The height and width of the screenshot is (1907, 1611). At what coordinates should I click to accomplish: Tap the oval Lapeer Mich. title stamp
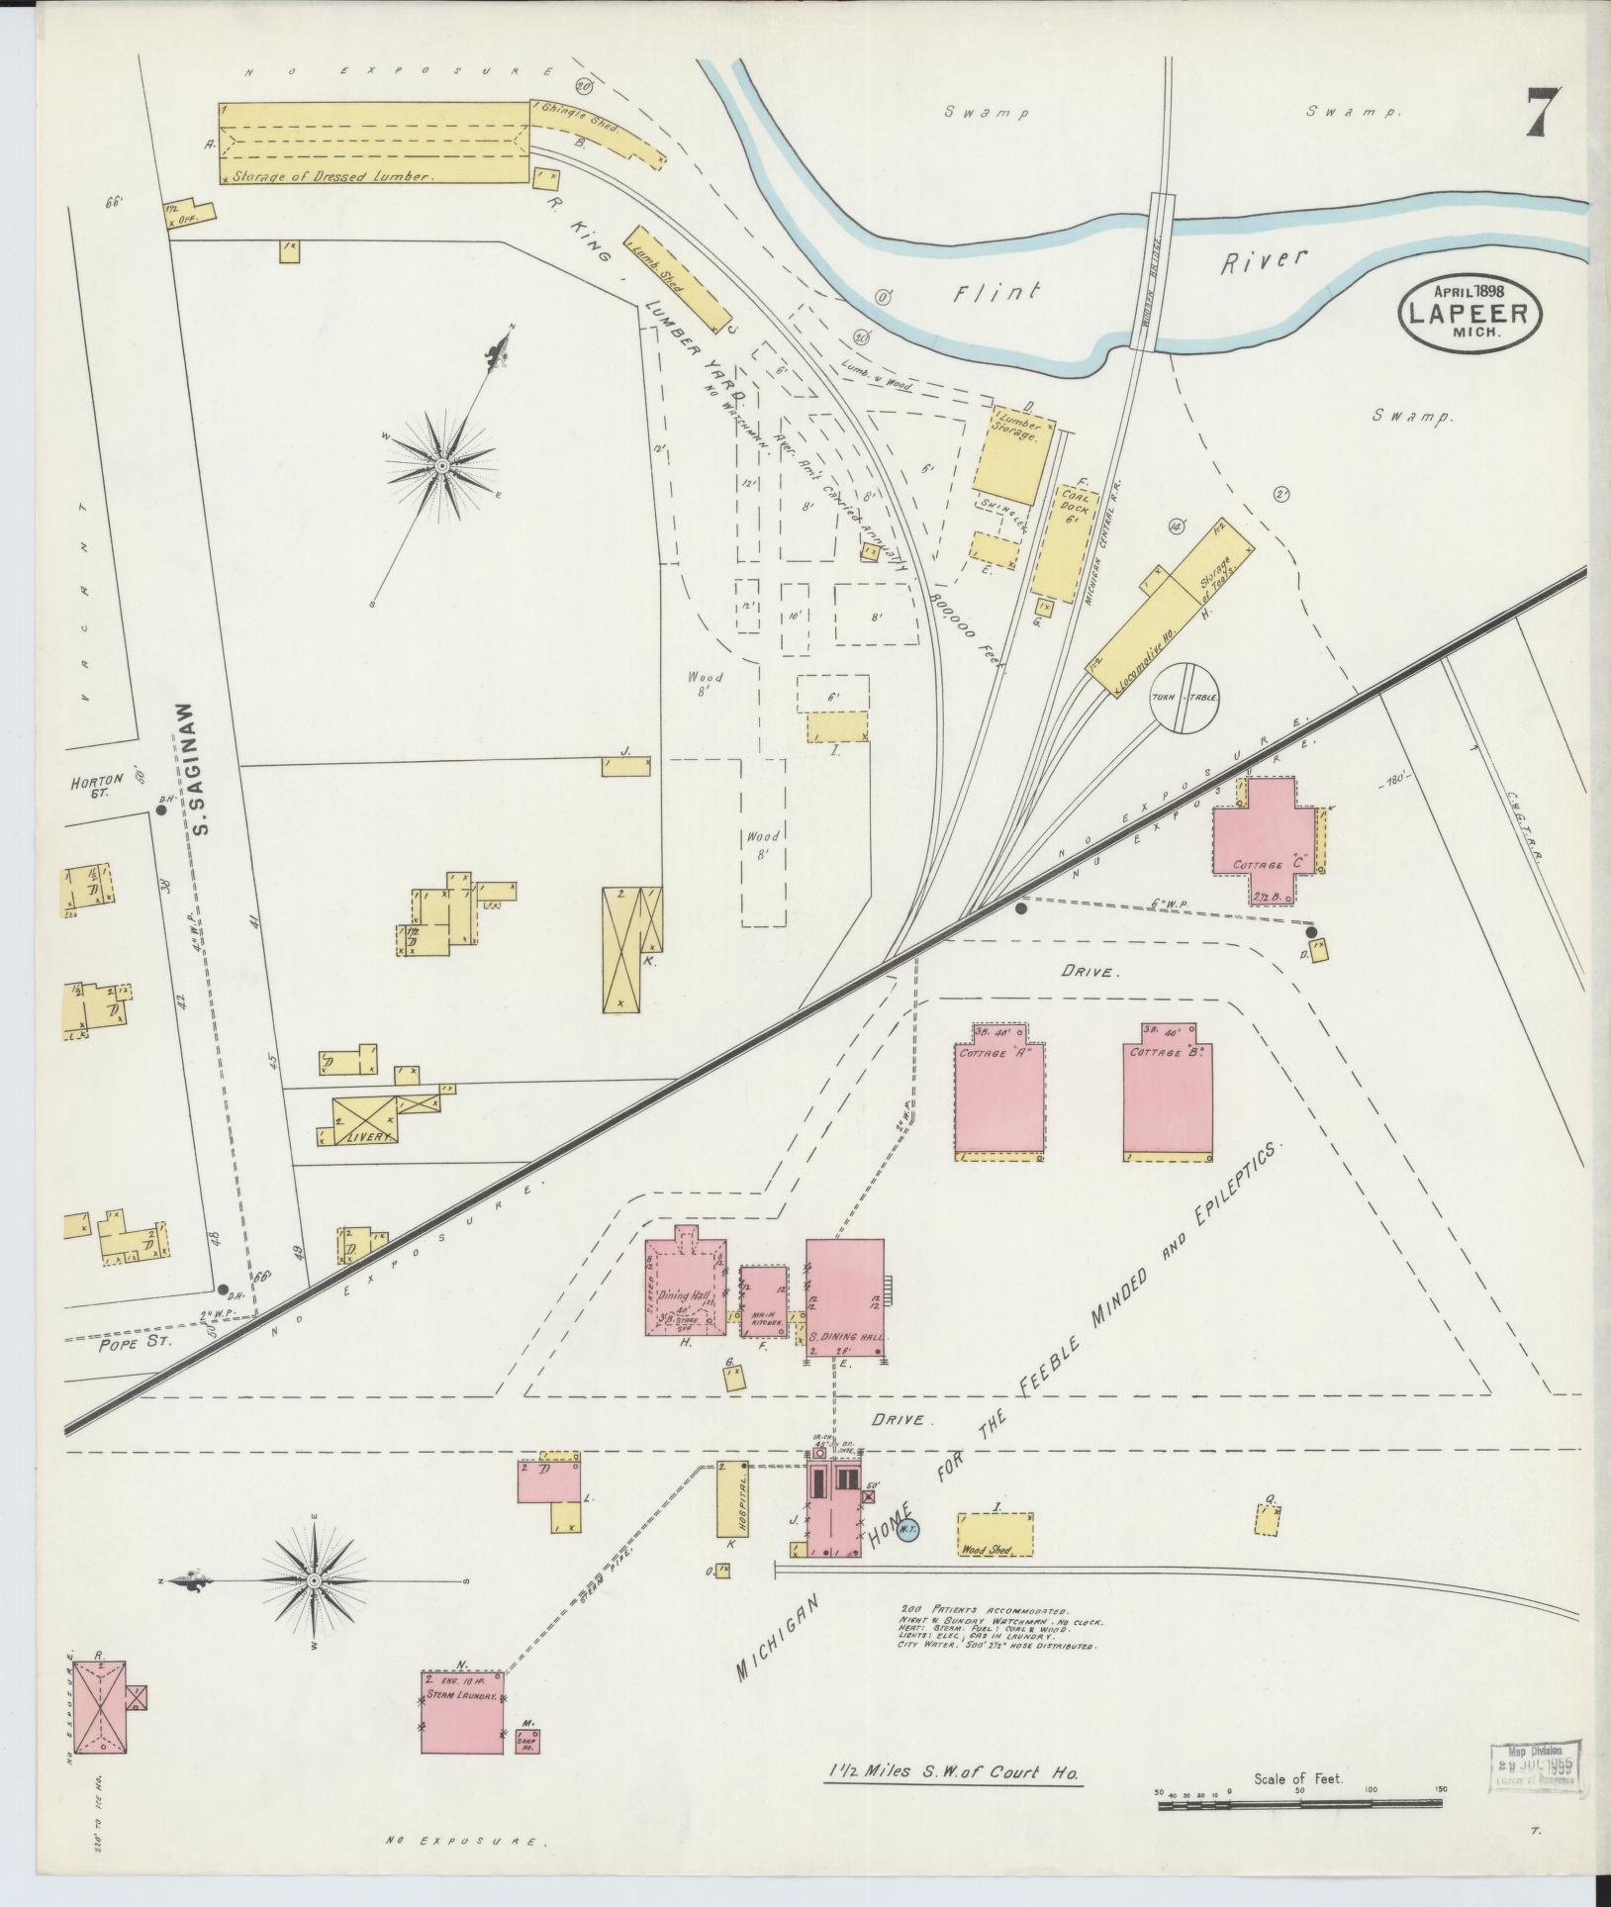pos(1469,313)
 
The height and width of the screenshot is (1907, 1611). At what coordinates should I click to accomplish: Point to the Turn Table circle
pos(1184,697)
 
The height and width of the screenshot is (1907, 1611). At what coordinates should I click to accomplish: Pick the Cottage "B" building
pos(1168,1099)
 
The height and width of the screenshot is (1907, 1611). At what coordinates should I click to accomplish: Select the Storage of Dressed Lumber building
pos(374,143)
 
